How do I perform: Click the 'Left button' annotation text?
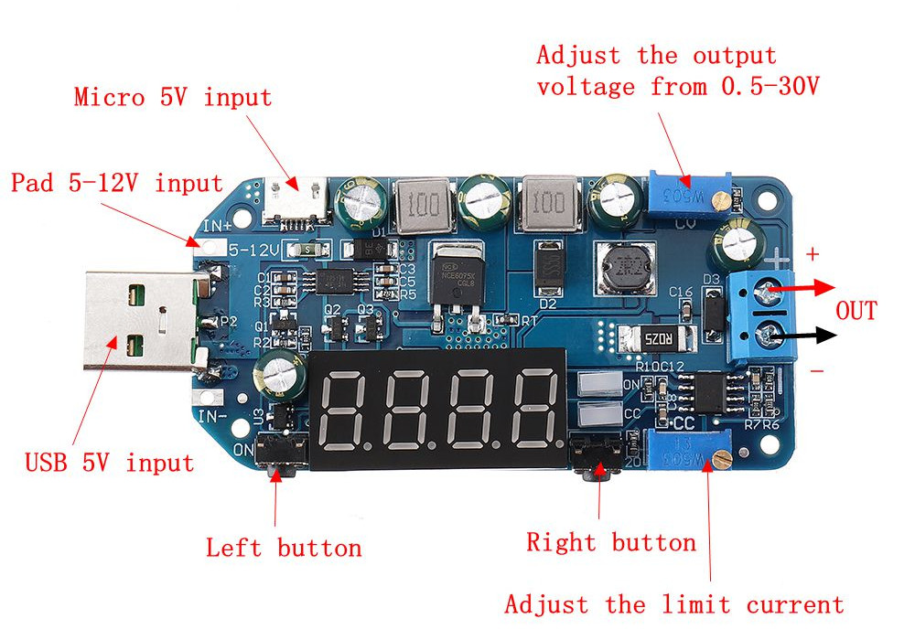tap(284, 548)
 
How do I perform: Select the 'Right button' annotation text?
tap(611, 542)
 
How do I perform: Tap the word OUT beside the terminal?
tap(856, 311)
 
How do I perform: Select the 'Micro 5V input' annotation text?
tap(173, 97)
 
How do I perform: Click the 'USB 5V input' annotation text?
tap(109, 463)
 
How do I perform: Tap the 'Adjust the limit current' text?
tap(673, 604)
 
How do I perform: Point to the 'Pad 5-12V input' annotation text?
tap(116, 184)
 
